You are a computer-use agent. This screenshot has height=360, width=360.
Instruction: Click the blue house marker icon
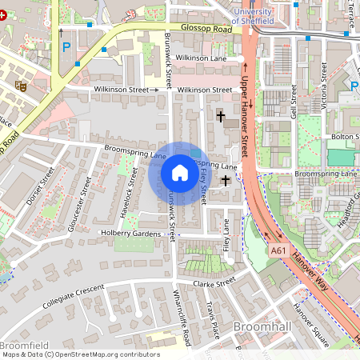tap(180, 173)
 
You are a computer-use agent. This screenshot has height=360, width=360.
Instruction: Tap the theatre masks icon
tap(22, 83)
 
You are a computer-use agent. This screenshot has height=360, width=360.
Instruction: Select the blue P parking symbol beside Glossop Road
tap(66, 46)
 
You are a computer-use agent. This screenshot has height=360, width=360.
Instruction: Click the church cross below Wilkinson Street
tap(220, 117)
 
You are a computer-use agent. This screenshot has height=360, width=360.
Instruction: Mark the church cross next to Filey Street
tap(226, 181)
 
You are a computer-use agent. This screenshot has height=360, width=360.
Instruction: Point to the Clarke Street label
tap(214, 282)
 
